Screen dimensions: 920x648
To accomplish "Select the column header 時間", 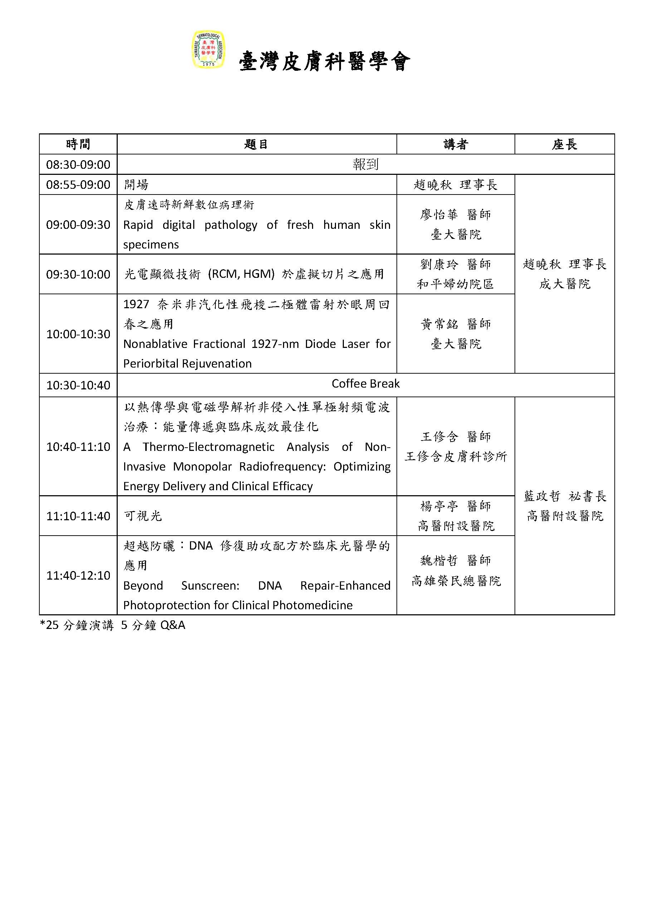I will pos(78,144).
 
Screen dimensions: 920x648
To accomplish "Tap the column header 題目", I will pos(256,144).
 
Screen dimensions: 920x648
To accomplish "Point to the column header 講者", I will pos(455,144).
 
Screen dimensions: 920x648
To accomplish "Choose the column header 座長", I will pos(564,144).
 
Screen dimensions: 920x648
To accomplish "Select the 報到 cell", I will pos(365,164).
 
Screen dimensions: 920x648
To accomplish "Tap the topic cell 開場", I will pos(136,185).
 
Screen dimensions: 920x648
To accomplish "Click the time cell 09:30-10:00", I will pos(78,275).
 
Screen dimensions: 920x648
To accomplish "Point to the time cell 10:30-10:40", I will pos(78,385).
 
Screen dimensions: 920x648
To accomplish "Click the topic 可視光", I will pos(143,516).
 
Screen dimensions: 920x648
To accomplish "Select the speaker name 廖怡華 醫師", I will pos(455,215).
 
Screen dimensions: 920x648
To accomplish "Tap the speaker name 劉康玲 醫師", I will pos(455,265).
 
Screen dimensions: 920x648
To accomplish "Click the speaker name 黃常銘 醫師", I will pos(455,324).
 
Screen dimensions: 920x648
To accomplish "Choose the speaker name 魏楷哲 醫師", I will pos(455,561).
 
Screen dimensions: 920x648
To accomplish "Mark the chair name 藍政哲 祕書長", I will pos(565,496).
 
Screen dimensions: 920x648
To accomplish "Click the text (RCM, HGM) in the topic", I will pos(242,274).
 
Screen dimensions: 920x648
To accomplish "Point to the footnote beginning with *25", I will pos(113,625).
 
